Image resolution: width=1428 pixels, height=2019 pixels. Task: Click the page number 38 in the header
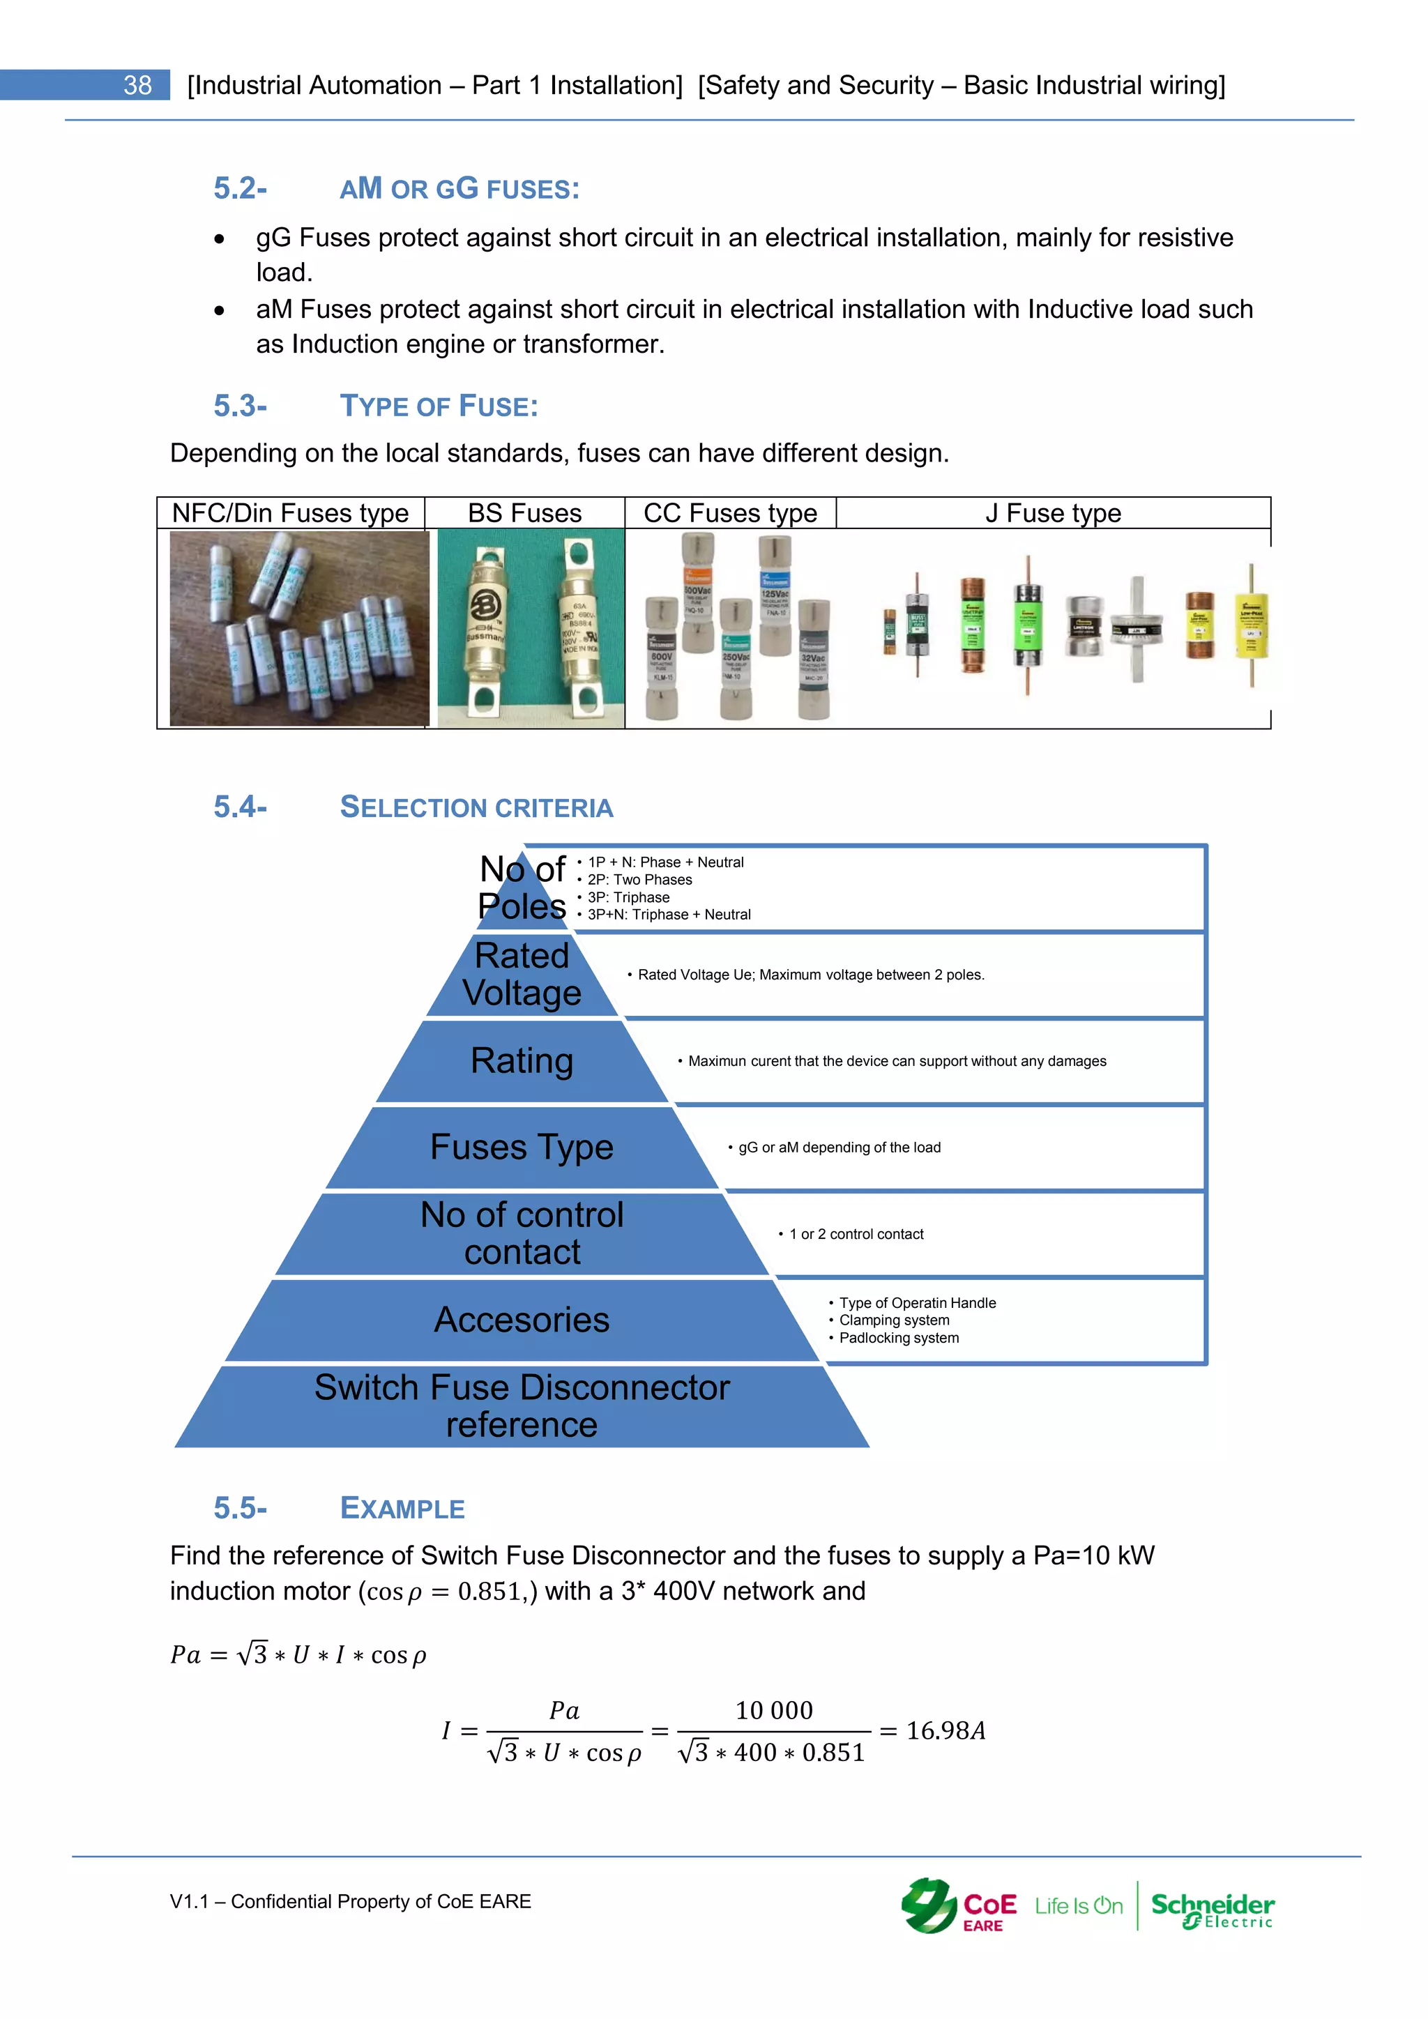tap(137, 85)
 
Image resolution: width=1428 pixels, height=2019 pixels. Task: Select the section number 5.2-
tap(240, 188)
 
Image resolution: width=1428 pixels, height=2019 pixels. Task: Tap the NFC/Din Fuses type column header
tap(290, 512)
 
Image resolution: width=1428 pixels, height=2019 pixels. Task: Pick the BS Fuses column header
tap(524, 512)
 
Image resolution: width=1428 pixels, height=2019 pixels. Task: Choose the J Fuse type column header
tap(1053, 512)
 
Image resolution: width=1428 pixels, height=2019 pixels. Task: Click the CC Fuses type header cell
tap(730, 512)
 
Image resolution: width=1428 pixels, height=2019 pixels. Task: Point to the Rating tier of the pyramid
tap(522, 1060)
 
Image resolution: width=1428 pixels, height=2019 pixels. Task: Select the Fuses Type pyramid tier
tap(522, 1147)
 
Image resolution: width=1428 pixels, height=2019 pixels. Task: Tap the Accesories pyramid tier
tap(522, 1320)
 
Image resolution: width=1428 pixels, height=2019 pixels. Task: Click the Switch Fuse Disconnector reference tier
tap(522, 1405)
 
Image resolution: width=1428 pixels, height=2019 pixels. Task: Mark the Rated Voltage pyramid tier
tap(522, 975)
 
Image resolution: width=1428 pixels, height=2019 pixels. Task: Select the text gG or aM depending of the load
tap(839, 1148)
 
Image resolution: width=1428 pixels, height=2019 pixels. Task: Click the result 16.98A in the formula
tap(945, 1730)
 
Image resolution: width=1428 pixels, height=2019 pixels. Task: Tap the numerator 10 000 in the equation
tap(774, 1710)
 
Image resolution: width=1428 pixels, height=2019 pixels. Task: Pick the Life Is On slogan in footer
tap(1078, 1907)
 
